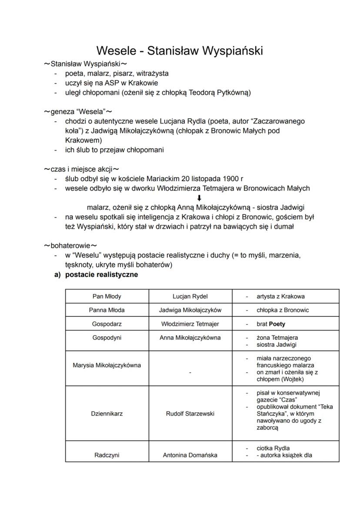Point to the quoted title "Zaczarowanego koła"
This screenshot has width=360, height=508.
coord(278,121)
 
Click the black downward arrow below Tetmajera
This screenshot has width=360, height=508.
coord(200,198)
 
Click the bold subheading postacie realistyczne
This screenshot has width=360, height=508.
coord(101,275)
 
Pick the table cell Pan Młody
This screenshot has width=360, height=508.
coord(107,296)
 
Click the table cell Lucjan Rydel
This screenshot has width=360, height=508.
coord(190,296)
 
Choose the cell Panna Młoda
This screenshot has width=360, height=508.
coord(107,310)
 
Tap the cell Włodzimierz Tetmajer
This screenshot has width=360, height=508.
coord(190,324)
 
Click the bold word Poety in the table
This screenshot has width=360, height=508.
coord(277,324)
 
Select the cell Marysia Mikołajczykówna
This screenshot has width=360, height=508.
coord(107,365)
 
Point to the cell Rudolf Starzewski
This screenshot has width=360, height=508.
coord(190,414)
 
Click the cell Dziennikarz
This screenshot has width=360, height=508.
coord(107,414)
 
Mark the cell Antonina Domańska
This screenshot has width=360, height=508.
coord(190,455)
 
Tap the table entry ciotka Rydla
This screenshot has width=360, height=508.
coord(273,448)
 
